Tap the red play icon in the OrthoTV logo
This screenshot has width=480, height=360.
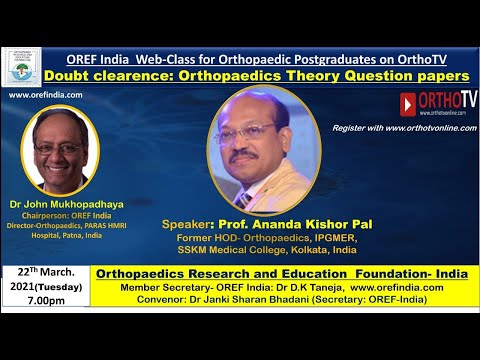pos(408,103)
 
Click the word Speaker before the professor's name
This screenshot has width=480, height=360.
pos(191,226)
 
